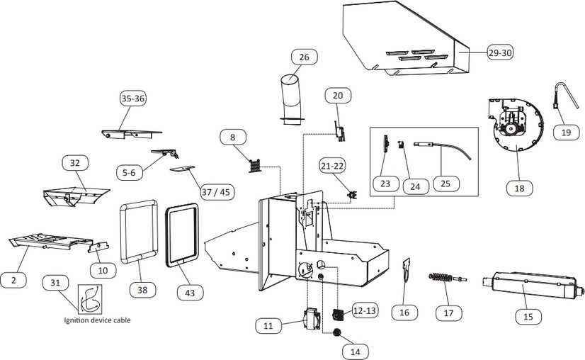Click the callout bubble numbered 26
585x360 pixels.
(x=304, y=57)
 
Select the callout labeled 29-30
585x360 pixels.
(x=500, y=52)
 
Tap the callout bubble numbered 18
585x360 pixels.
(x=519, y=189)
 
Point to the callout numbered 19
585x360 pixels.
(x=566, y=133)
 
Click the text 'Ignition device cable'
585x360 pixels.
(x=97, y=320)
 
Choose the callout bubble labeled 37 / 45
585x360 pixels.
(x=216, y=192)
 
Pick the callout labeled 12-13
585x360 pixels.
(x=365, y=310)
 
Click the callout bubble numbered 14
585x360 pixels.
(x=356, y=351)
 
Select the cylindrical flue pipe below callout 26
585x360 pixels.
(x=291, y=99)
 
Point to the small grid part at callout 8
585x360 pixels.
(x=255, y=165)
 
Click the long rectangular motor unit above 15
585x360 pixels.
(x=533, y=286)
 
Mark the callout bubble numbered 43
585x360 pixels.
(x=190, y=293)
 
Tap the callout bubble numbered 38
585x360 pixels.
(x=142, y=290)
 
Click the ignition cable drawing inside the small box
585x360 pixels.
(x=90, y=299)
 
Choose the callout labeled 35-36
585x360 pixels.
(x=133, y=99)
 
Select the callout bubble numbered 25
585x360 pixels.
(x=445, y=184)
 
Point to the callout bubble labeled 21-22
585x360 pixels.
(x=332, y=166)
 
